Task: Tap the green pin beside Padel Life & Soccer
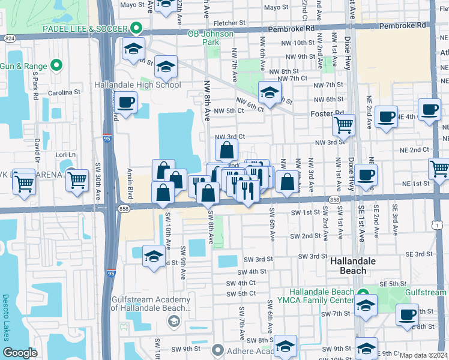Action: coord(137,29)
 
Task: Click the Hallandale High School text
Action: coord(137,85)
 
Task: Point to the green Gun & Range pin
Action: coord(57,65)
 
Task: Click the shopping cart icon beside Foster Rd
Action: coord(343,125)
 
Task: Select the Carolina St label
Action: coord(64,93)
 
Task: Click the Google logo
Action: coord(20,353)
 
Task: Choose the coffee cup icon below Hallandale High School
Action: coord(127,103)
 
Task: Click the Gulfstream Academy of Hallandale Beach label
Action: coord(151,304)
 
